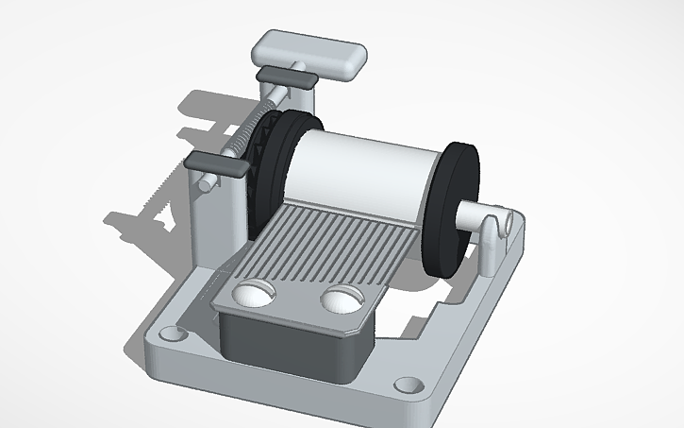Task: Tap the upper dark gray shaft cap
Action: click(285, 78)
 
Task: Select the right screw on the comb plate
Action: click(342, 300)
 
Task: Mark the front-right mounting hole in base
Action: click(407, 385)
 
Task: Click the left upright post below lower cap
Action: click(209, 217)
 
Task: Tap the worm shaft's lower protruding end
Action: click(202, 185)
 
